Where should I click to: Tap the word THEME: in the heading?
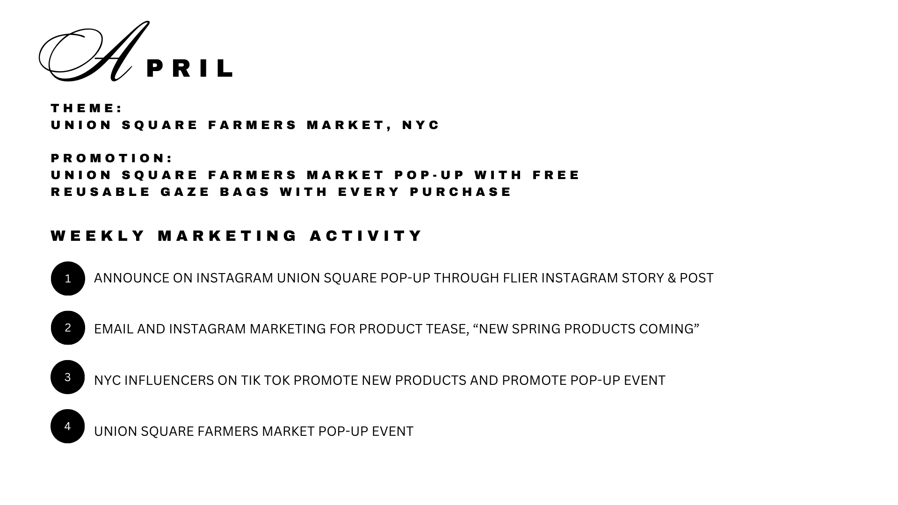[x=87, y=108]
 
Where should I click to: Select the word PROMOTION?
[x=112, y=159]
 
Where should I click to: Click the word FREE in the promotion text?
[x=556, y=175]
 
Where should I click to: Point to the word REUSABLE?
[x=101, y=192]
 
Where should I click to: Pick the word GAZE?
[x=186, y=192]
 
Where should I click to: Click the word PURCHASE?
[x=461, y=192]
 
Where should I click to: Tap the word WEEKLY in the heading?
[x=98, y=236]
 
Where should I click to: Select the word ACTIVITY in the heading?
[x=366, y=236]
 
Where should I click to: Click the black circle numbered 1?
[x=68, y=279]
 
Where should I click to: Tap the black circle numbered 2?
[x=68, y=328]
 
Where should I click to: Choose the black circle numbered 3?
[x=68, y=377]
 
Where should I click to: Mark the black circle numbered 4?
[x=68, y=426]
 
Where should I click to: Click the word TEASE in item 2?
[x=447, y=329]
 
